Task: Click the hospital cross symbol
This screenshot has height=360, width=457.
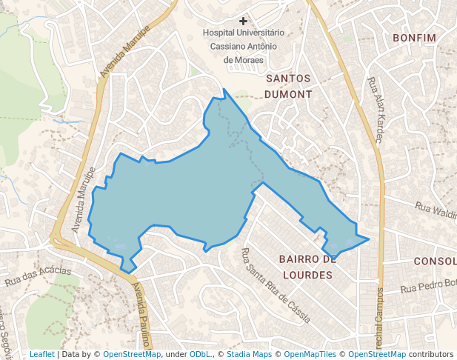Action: point(243,21)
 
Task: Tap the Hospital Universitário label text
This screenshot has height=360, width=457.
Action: point(243,33)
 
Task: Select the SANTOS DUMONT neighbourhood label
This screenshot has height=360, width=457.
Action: point(289,85)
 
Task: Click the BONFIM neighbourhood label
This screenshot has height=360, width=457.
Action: point(413,38)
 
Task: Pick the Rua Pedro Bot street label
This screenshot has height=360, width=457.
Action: point(429,286)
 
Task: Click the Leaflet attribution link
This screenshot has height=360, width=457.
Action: point(41,354)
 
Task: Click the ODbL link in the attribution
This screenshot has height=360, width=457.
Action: point(200,354)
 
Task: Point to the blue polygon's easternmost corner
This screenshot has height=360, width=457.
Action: point(369,239)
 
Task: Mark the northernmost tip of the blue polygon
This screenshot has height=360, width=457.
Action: point(224,90)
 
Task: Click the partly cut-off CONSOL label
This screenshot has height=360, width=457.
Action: point(435,261)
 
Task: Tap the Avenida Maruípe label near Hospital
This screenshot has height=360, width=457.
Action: point(125,52)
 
